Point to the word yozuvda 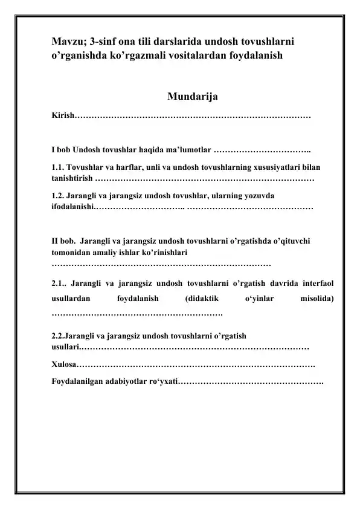tap(259, 196)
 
